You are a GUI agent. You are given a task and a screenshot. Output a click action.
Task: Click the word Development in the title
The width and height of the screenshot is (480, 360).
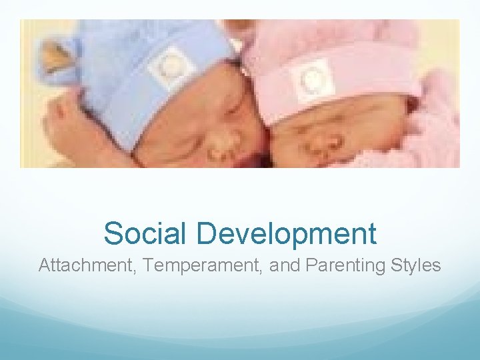click(x=287, y=234)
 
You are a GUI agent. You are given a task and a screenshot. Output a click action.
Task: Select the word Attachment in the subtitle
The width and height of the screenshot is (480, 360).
click(x=79, y=265)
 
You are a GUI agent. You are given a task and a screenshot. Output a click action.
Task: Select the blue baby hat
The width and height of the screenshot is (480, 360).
click(x=133, y=60)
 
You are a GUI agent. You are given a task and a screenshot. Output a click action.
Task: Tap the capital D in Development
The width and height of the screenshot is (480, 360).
click(x=206, y=234)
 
